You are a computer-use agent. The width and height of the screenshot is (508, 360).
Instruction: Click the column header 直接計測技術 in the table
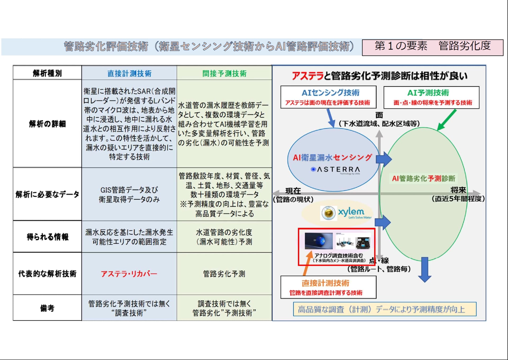coord(129,73)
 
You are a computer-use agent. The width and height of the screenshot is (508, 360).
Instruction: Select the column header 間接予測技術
coord(224,73)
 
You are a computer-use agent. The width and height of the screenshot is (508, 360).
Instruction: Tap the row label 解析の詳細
coord(47,124)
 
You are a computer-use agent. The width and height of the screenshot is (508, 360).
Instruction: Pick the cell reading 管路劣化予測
coord(224,274)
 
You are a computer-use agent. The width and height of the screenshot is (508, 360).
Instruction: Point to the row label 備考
coord(47,308)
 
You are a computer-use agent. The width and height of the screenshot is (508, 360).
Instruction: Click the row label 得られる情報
coord(47,237)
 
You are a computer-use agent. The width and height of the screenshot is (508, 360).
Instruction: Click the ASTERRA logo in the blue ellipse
coord(336,169)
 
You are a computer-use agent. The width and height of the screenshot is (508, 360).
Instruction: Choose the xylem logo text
coord(351,212)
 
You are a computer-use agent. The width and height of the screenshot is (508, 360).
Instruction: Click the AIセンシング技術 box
coord(328,97)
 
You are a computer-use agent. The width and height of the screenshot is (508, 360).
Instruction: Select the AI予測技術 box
coord(431,97)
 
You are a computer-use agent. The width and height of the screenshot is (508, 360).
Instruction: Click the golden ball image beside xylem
coord(328,213)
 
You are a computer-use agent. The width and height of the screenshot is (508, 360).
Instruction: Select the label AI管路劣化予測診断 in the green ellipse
coord(423,179)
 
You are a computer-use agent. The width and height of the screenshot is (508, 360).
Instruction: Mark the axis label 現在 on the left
coord(293,191)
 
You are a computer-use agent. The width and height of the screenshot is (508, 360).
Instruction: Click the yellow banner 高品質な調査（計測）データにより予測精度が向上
coord(384,309)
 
